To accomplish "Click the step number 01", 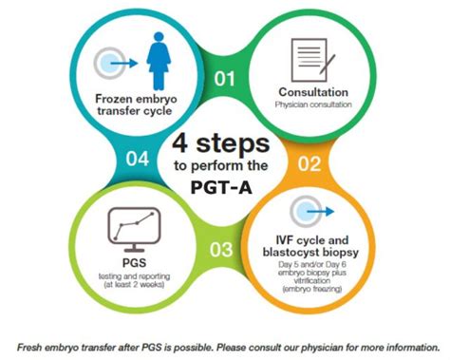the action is point(224,79).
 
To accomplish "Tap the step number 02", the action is point(309,163).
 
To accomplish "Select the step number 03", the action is point(221,250).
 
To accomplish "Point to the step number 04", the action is point(138,159).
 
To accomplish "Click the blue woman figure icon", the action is point(159,61).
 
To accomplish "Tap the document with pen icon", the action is point(312,60).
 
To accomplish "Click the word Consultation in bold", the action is point(313,92).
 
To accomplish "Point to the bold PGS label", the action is point(134,263).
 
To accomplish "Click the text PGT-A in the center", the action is point(221,187).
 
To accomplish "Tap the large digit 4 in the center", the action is point(180,143).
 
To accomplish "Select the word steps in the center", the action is point(233,145).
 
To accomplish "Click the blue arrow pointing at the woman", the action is point(124,64).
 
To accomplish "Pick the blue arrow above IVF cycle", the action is point(321,211).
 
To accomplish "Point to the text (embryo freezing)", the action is point(312,289).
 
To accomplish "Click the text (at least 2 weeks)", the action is point(134,285).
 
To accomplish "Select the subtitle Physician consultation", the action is point(313,104).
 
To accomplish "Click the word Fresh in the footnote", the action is point(29,348).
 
